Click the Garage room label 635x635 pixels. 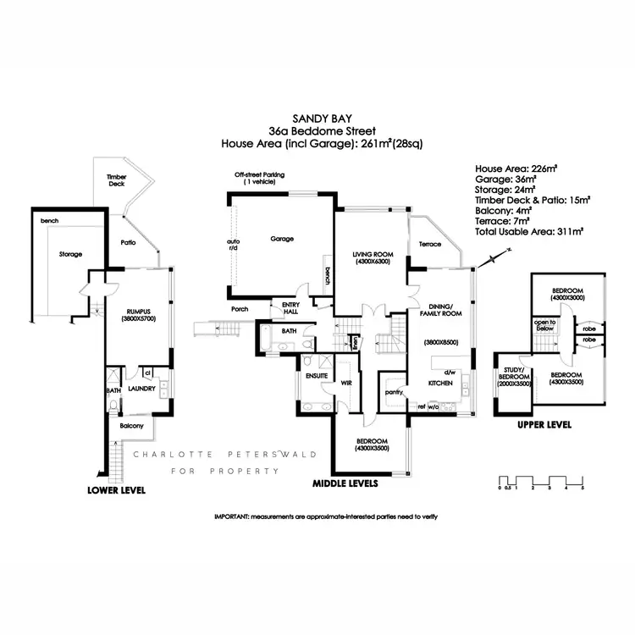[x=282, y=239]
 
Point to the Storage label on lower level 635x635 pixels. [x=70, y=253]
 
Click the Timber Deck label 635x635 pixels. [x=116, y=179]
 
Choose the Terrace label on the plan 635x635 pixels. [x=430, y=244]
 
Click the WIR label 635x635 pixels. [x=345, y=382]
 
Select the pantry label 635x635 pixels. [x=391, y=392]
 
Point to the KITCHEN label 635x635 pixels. [x=439, y=383]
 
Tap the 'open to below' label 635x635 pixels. [x=545, y=324]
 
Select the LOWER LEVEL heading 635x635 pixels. [x=117, y=490]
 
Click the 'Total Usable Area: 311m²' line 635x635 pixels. [x=530, y=230]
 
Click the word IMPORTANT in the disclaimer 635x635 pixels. [x=230, y=516]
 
